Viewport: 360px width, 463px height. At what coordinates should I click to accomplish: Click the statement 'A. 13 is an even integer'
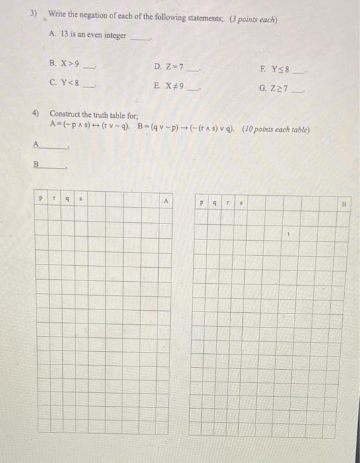87,35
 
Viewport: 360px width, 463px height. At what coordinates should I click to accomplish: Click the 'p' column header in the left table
41,197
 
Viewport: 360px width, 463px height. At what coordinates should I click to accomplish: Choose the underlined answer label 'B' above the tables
37,164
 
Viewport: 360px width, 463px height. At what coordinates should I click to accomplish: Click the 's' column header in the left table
82,197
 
